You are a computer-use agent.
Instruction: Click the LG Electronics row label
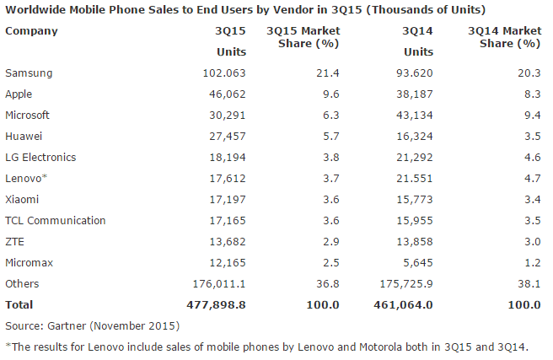coord(40,158)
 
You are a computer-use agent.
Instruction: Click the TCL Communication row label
coord(56,221)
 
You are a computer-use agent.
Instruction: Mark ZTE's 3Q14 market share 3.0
coord(531,242)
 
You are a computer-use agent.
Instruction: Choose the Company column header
coord(32,31)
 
